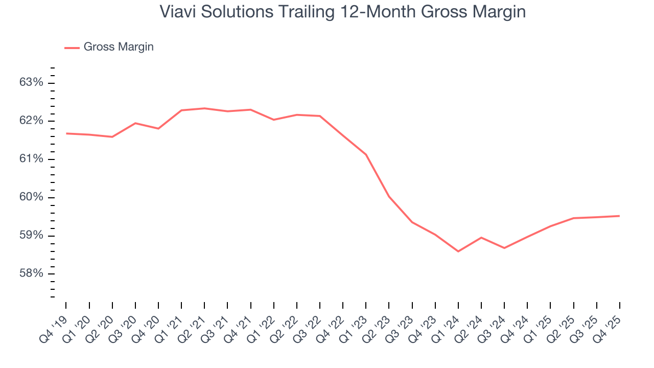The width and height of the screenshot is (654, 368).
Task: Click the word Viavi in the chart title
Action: point(175,12)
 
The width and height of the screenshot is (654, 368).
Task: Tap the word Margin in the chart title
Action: point(497,12)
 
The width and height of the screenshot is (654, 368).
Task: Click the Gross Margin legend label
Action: point(119,47)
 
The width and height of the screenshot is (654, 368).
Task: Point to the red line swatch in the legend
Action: point(72,48)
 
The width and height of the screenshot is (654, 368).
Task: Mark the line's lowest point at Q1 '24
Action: point(458,251)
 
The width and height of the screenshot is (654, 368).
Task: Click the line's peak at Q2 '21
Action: point(204,108)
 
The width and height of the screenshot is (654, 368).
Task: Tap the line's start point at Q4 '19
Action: point(66,133)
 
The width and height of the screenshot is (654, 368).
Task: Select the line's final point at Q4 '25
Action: point(619,216)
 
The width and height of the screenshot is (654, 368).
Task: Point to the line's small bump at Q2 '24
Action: point(481,238)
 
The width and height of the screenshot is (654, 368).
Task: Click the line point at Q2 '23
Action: point(389,196)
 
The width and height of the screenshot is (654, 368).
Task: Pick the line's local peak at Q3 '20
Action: point(135,123)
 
